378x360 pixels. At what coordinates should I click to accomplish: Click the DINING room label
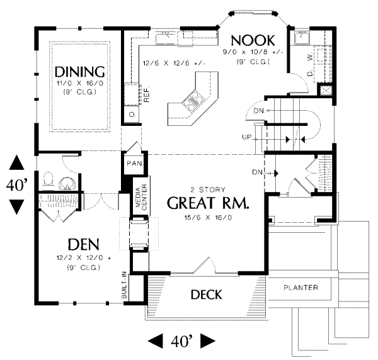80,72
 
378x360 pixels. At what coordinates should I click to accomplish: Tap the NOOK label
253,40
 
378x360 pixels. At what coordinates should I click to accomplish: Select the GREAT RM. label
208,203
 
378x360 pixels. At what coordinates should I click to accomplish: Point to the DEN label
84,244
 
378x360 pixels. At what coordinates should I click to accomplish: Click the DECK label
207,295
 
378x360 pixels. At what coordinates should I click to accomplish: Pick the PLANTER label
301,288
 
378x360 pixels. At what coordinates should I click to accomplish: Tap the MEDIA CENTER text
141,197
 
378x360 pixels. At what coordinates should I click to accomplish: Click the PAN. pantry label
135,164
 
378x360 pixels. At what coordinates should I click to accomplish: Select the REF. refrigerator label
147,93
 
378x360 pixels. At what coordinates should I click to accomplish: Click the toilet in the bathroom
49,179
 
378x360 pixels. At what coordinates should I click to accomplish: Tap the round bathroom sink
67,184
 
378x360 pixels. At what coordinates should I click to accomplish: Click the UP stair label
246,137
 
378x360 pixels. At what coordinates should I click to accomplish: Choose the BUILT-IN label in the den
124,285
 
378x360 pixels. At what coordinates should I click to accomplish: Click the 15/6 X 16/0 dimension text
208,218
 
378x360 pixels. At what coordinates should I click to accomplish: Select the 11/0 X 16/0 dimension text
80,83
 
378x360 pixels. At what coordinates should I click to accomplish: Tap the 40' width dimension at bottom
181,341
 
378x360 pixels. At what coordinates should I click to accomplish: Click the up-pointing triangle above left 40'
16,162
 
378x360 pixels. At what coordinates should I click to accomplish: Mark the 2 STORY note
208,189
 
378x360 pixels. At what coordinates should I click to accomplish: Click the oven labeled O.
132,114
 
